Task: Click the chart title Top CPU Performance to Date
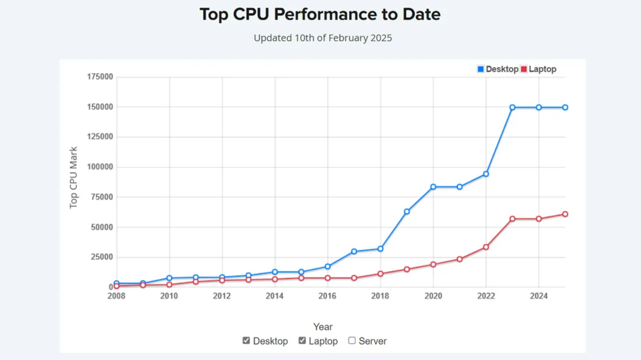[320, 15]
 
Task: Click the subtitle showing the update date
[323, 38]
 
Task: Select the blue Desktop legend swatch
[480, 69]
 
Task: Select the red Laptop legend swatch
[523, 69]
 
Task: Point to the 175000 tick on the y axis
[100, 77]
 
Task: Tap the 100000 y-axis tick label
[100, 167]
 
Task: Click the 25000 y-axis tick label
[101, 257]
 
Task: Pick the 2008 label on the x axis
[117, 296]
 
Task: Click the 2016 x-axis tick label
[328, 296]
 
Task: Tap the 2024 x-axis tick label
[539, 296]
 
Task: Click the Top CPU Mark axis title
[74, 178]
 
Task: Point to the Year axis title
[323, 327]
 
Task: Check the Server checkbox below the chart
[352, 340]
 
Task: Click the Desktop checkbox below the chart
[246, 340]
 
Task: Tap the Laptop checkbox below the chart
[302, 340]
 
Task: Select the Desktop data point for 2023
[512, 107]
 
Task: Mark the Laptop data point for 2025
[565, 214]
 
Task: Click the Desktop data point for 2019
[407, 212]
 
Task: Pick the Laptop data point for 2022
[486, 247]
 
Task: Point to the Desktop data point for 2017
[354, 251]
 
